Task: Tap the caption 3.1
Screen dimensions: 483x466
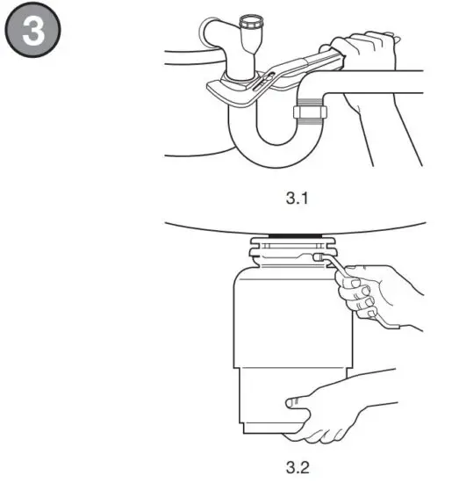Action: click(x=298, y=199)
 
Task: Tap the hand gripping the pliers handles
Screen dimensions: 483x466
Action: click(x=364, y=61)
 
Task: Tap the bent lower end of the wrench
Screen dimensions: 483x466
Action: click(x=386, y=326)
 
